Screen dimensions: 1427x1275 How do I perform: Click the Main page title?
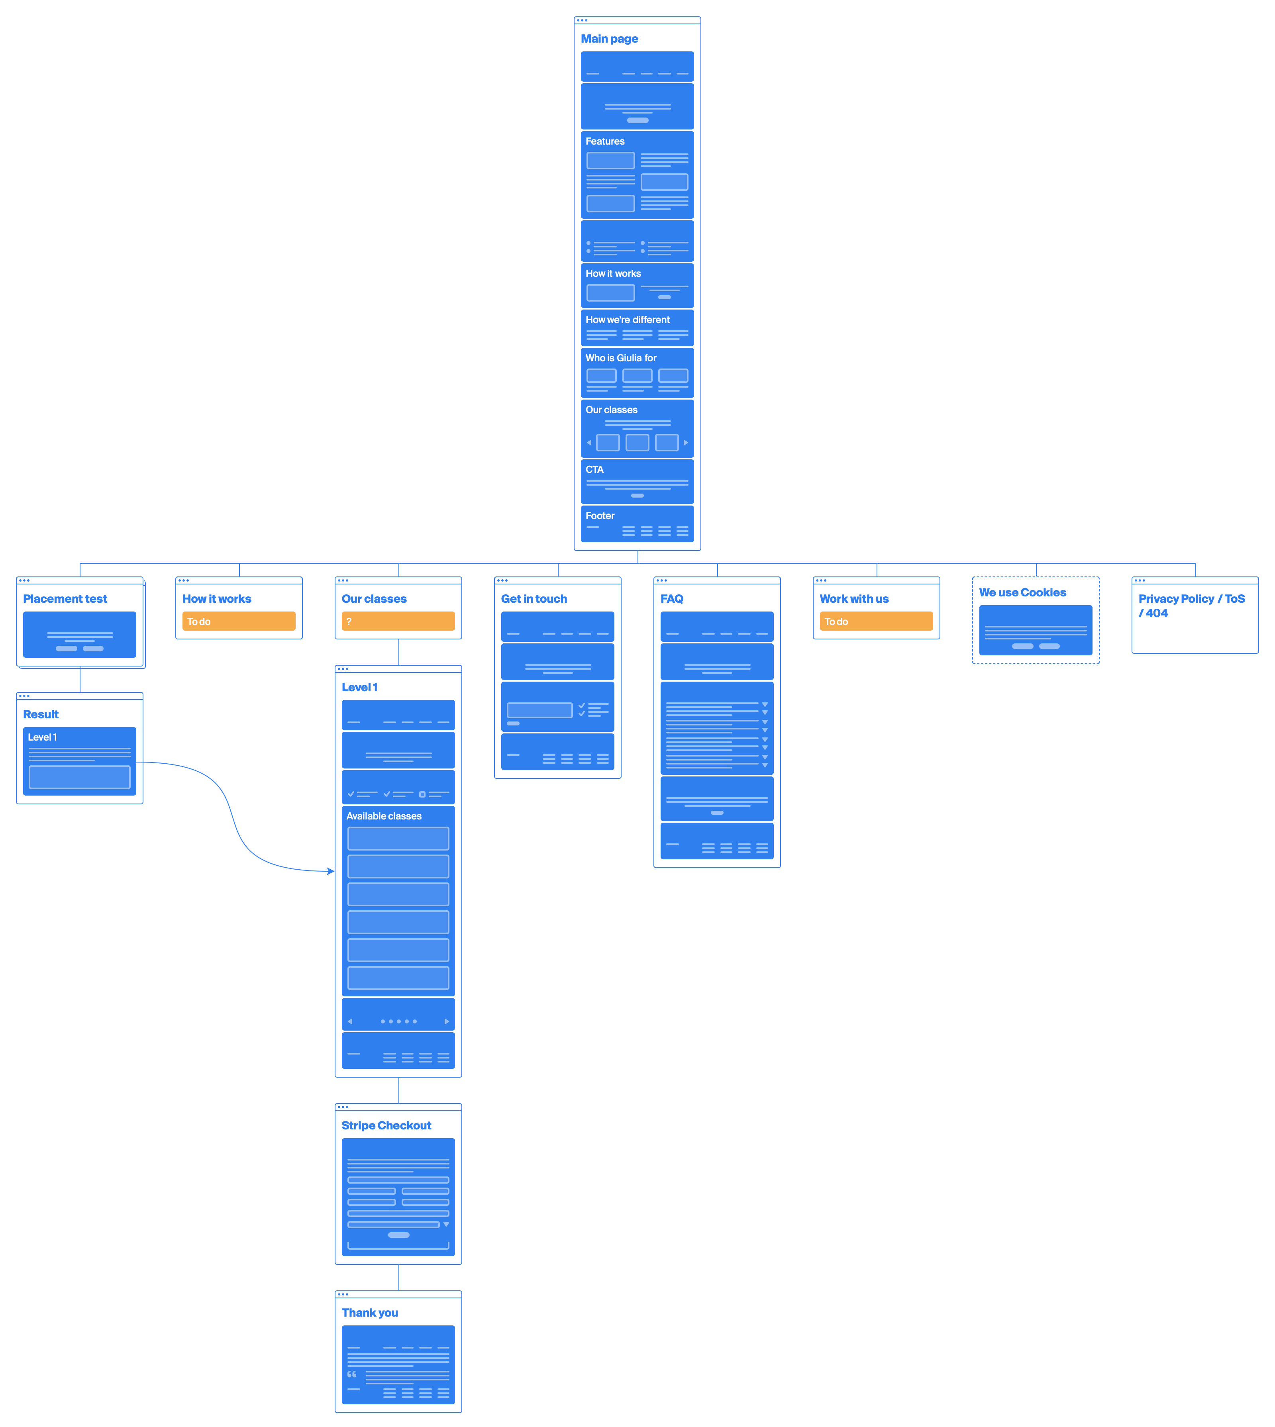pos(609,39)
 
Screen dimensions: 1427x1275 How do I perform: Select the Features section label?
pos(604,141)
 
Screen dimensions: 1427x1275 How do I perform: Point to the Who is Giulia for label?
pos(621,358)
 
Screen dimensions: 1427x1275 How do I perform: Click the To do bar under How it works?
pos(238,621)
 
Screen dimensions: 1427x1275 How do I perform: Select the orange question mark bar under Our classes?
pos(398,621)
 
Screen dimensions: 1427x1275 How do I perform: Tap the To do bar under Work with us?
pos(876,621)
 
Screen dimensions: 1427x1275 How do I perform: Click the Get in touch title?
pos(534,599)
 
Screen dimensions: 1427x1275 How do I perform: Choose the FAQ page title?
pos(671,599)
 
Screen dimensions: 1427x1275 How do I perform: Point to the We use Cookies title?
pos(1022,593)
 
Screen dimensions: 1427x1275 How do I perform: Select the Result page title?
pos(41,715)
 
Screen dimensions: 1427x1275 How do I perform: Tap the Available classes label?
pos(384,817)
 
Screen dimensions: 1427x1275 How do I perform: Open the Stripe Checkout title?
pos(386,1126)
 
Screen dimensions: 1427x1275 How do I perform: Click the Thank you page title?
pos(370,1313)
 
